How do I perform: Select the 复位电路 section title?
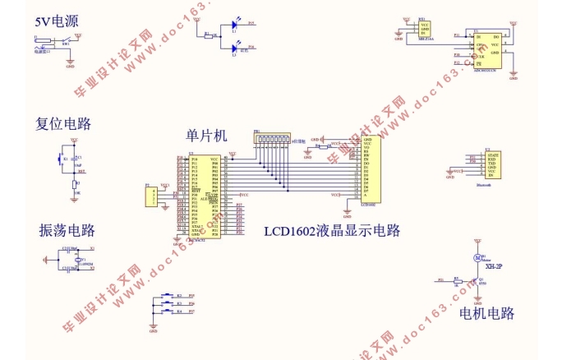[63, 124]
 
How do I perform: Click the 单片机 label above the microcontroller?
[206, 135]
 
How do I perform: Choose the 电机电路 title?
[486, 313]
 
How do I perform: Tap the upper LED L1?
[234, 25]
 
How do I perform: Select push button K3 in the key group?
[170, 304]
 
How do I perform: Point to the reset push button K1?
[59, 159]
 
